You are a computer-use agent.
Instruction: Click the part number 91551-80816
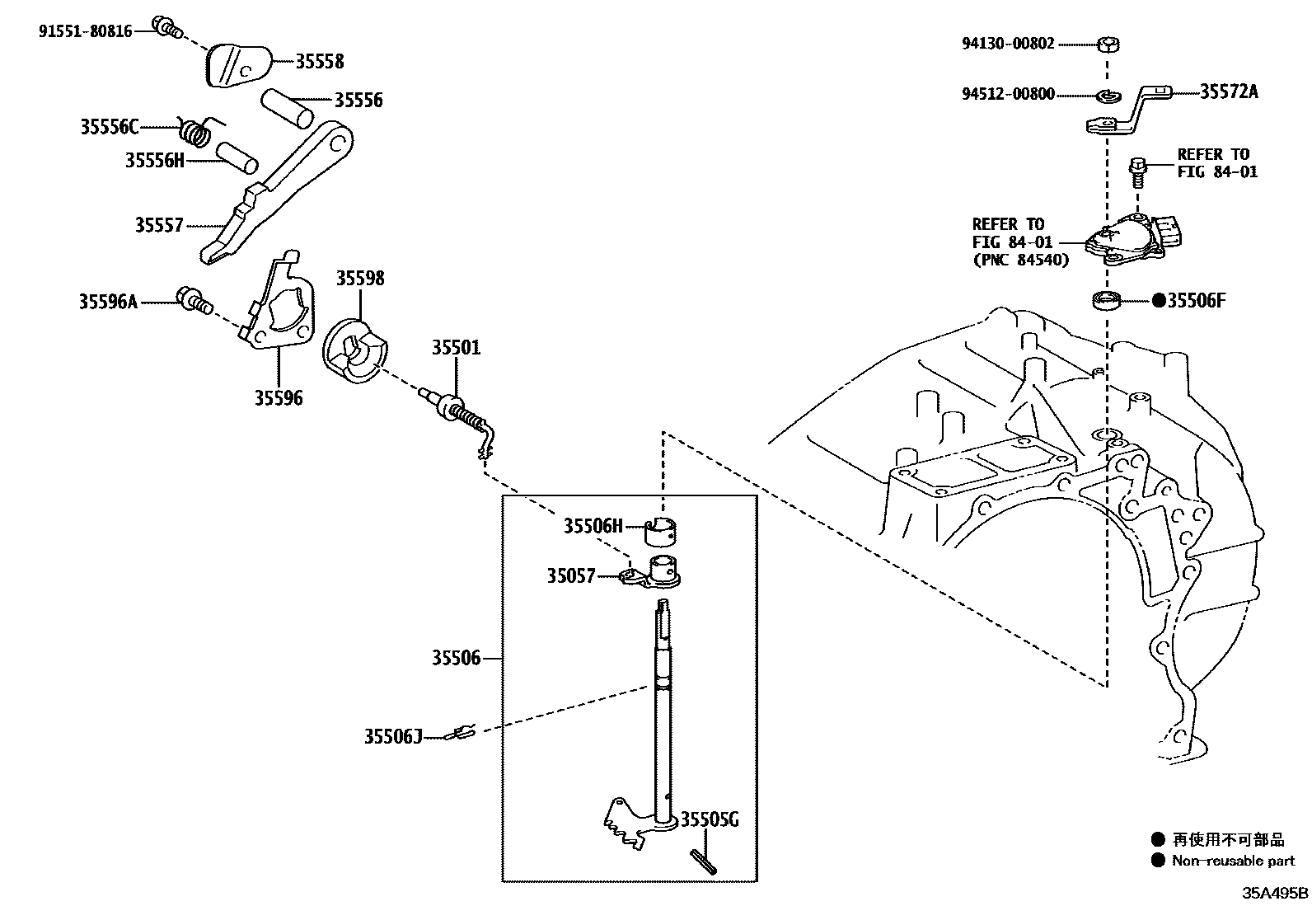click(85, 31)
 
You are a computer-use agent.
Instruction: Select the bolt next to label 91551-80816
click(167, 26)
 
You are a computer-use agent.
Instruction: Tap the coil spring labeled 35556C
click(196, 132)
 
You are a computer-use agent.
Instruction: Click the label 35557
click(159, 224)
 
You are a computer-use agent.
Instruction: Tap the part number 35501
click(455, 347)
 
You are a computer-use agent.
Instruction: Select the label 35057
click(570, 575)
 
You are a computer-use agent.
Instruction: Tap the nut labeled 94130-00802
click(1109, 44)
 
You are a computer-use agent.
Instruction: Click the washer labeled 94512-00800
click(1108, 96)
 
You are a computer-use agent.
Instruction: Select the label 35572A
click(1229, 92)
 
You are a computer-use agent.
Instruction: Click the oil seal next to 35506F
click(1105, 301)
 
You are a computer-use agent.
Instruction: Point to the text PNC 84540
click(1021, 260)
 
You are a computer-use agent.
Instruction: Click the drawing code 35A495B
click(1275, 893)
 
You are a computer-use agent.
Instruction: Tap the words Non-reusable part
click(1233, 861)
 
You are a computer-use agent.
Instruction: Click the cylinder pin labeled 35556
click(288, 108)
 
